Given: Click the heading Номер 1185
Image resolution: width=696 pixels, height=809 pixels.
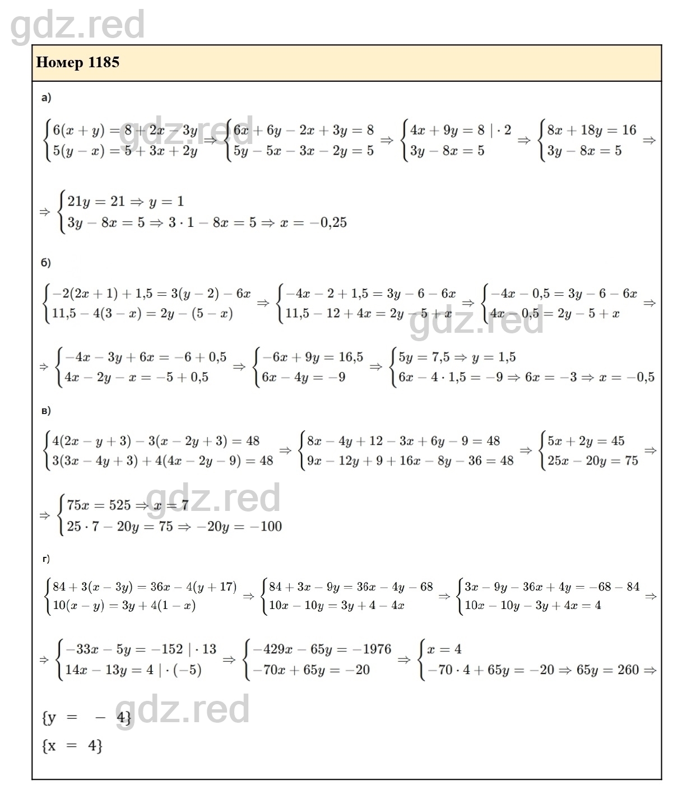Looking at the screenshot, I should click(x=78, y=62).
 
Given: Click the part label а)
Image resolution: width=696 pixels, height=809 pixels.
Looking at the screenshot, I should click(x=46, y=98).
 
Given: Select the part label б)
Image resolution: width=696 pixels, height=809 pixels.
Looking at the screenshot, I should click(x=46, y=262).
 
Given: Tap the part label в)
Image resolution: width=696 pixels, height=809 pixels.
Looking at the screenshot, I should click(x=46, y=411).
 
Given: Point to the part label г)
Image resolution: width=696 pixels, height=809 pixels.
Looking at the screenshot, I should click(x=46, y=559).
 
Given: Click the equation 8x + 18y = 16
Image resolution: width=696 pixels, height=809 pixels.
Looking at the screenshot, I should click(x=592, y=130).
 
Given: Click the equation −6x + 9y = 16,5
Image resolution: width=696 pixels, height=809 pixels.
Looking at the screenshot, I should click(x=313, y=357).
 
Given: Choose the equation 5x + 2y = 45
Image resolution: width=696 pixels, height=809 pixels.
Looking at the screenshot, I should click(x=586, y=441).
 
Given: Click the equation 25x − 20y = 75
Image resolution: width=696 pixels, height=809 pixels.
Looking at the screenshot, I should click(x=593, y=461).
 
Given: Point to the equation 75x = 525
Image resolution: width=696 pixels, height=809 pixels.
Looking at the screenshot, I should click(x=99, y=505).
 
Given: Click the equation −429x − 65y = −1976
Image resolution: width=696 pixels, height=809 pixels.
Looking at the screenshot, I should click(x=322, y=649).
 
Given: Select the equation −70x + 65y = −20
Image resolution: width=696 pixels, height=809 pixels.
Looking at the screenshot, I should click(x=312, y=669).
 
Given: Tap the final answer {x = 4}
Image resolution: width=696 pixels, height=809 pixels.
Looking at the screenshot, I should click(x=72, y=746).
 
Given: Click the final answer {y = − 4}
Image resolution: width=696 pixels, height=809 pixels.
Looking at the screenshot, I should click(x=86, y=717).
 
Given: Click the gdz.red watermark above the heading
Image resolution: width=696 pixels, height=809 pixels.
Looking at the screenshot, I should click(x=78, y=25).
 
